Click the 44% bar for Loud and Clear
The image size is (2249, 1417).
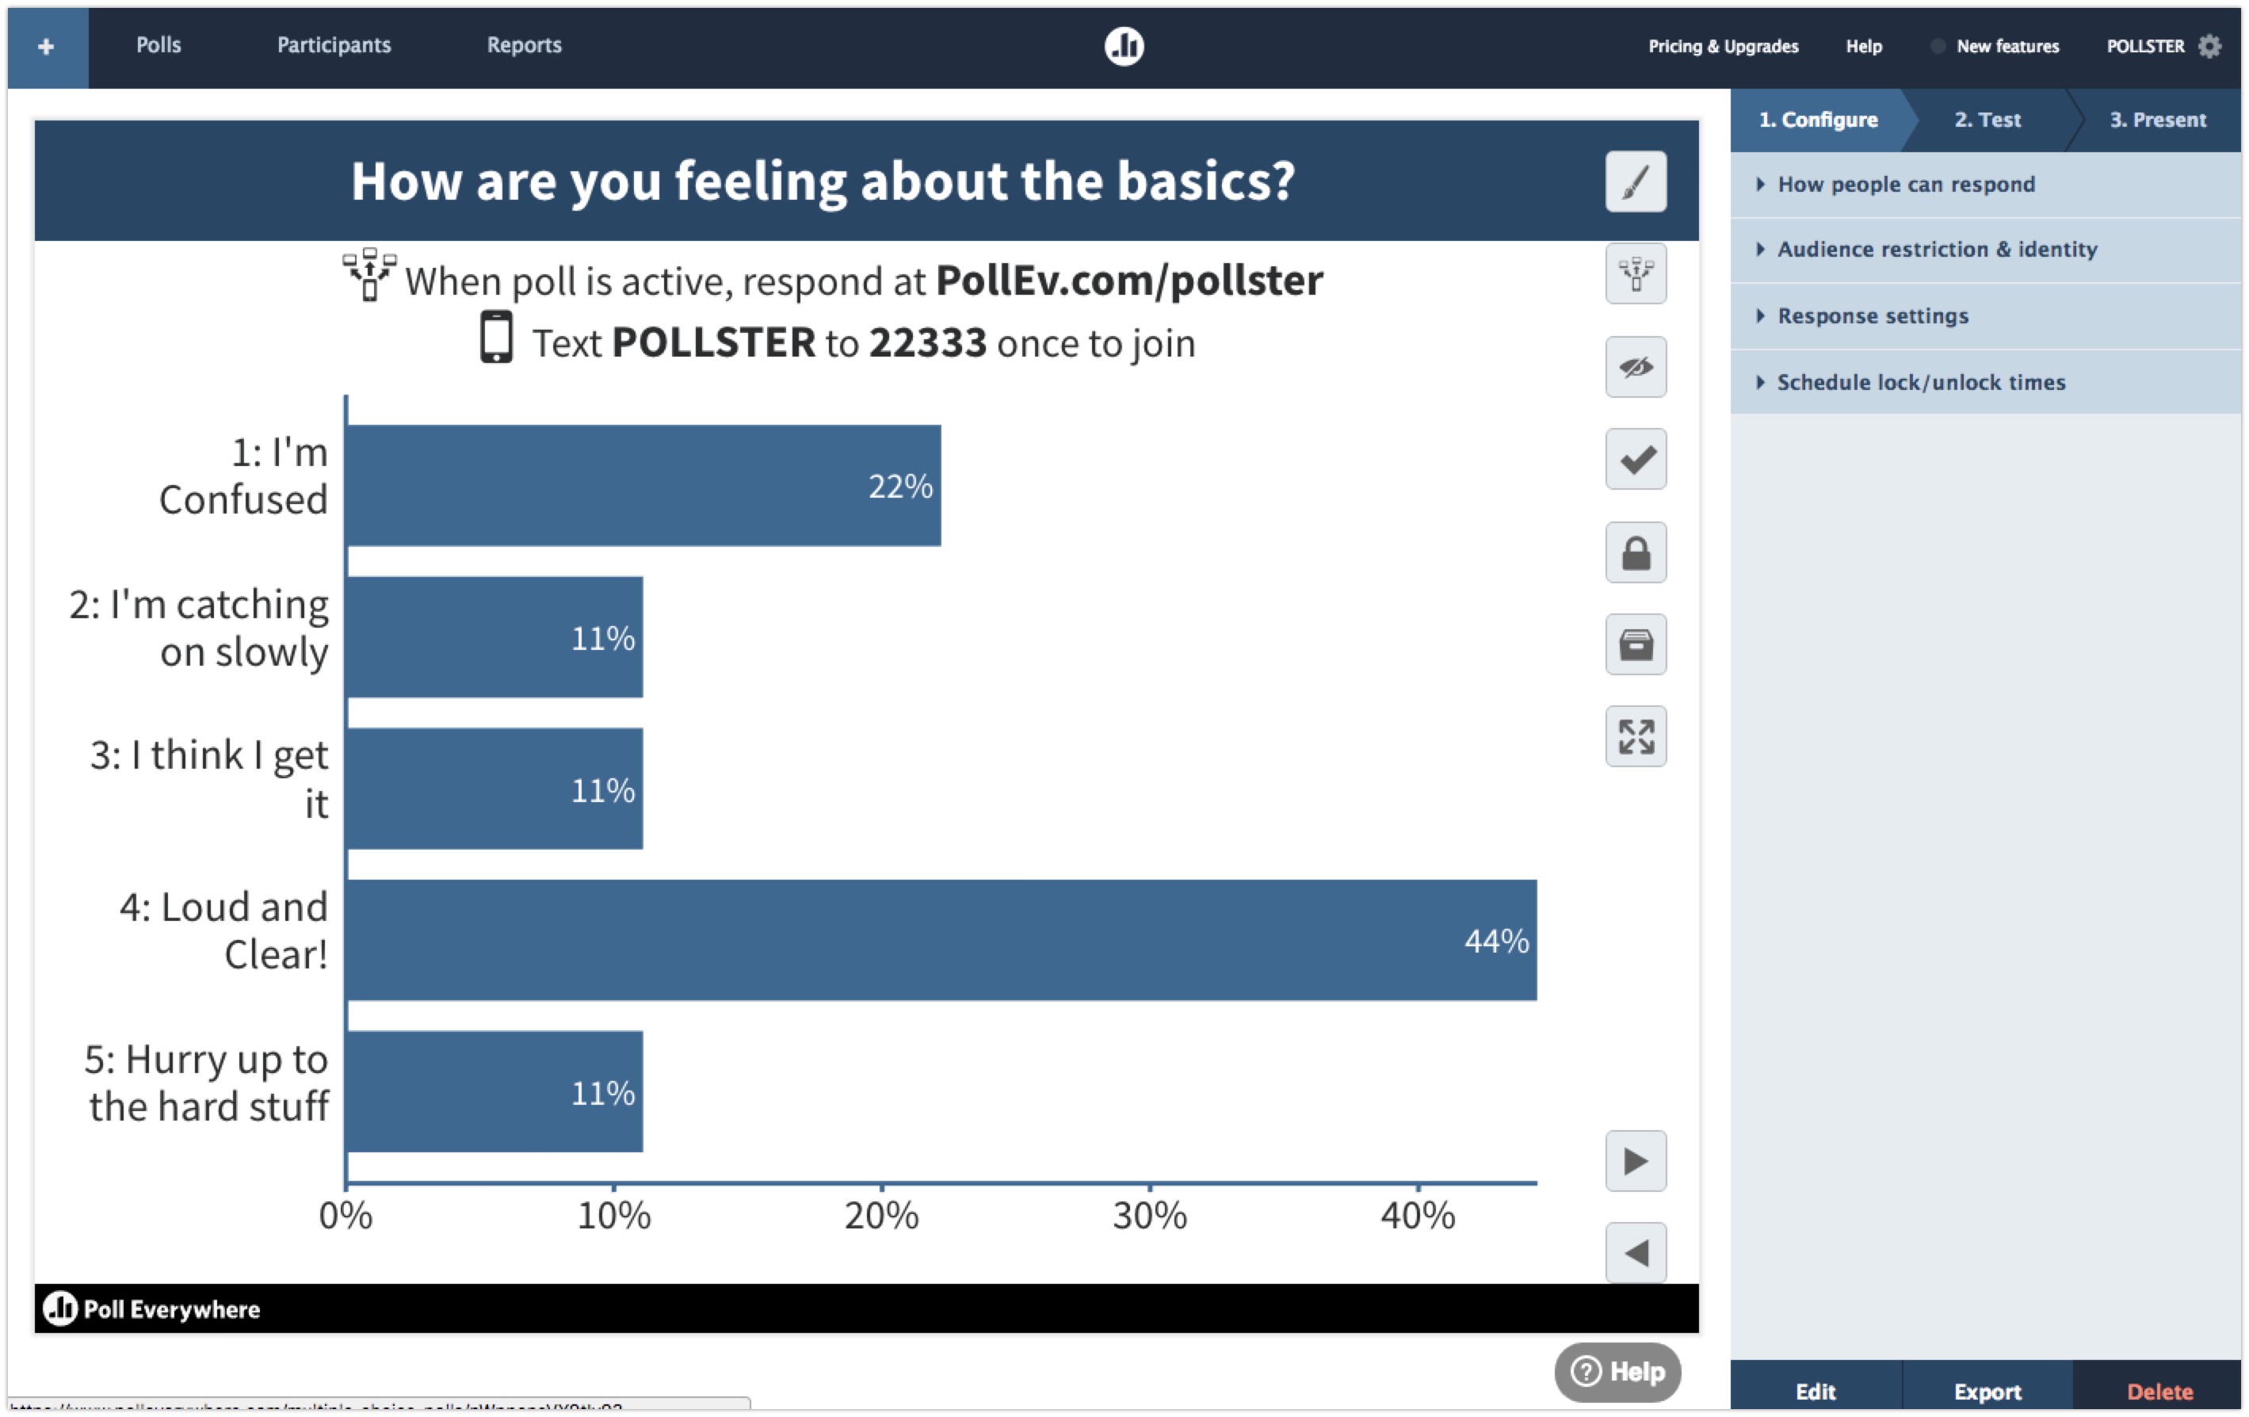(x=941, y=940)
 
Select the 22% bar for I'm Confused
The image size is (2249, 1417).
(x=643, y=486)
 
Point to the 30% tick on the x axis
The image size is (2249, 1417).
(x=1150, y=1214)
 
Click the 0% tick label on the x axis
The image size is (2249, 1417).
(x=346, y=1214)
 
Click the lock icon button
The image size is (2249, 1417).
(x=1636, y=552)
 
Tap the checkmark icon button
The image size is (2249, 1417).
(x=1636, y=459)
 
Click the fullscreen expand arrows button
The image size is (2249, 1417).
(x=1636, y=736)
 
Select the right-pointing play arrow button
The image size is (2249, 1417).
(x=1636, y=1161)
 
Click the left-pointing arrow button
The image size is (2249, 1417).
(x=1636, y=1253)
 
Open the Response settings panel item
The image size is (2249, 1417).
(x=1872, y=315)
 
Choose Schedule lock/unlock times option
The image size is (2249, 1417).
(x=1920, y=382)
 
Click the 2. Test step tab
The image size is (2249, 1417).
(x=1987, y=120)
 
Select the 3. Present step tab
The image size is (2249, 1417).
(x=2156, y=120)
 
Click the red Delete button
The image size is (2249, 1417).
(x=2159, y=1391)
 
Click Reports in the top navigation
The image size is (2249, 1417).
(x=524, y=45)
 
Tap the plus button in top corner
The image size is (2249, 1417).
(x=47, y=47)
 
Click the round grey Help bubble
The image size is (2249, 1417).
(x=1617, y=1371)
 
